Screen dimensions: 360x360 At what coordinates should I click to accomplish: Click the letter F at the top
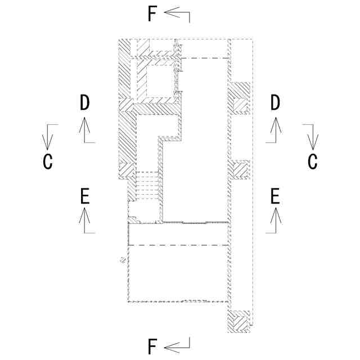coord(152,14)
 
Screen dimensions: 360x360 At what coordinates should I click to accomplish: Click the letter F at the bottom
coord(152,347)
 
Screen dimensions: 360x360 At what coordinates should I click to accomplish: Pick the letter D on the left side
coord(84,102)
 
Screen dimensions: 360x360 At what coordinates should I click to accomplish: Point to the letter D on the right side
coord(275,102)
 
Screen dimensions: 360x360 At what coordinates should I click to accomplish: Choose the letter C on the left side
coord(48,162)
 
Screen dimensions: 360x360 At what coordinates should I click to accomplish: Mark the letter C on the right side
coord(313,162)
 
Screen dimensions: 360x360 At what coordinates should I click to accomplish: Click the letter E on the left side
coord(84,196)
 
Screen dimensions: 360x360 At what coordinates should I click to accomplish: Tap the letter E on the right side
coord(275,196)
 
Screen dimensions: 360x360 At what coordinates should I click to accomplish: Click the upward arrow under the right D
coord(275,129)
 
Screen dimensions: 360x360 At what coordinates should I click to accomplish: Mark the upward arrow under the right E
coord(275,219)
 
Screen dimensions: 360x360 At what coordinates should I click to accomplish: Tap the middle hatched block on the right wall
coord(240,169)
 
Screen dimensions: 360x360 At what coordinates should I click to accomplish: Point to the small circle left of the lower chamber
coord(121,260)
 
